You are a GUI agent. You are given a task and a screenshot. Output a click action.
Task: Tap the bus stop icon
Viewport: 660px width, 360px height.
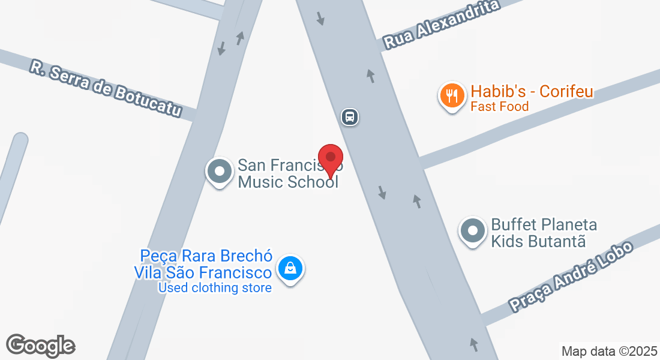click(350, 116)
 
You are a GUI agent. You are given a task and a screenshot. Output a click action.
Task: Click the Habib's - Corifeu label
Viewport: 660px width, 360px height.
click(532, 92)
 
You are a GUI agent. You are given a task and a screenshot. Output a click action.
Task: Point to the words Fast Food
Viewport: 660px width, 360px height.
click(499, 107)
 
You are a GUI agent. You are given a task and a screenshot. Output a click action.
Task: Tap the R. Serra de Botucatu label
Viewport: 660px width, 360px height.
click(106, 88)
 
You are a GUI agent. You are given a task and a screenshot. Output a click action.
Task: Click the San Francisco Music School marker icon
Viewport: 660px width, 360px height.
click(220, 172)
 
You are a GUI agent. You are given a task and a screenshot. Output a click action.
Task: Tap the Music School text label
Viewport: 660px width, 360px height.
click(288, 182)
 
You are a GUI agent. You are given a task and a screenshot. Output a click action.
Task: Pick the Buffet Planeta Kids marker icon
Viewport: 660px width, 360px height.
click(473, 231)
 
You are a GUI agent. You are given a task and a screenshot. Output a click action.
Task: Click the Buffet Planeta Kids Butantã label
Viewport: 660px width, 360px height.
click(544, 233)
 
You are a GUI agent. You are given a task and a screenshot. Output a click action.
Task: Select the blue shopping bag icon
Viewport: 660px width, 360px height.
click(290, 268)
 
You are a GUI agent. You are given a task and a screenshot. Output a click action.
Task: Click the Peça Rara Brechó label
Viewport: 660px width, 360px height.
click(206, 256)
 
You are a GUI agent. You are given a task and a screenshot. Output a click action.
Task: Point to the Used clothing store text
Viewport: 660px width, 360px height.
click(214, 288)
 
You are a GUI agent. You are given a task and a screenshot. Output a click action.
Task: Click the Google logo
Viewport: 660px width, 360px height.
click(40, 346)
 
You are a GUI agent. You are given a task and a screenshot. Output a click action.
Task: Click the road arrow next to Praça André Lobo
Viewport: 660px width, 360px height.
click(475, 344)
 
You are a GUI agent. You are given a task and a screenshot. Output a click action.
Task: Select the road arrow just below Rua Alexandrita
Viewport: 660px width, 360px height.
click(371, 76)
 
